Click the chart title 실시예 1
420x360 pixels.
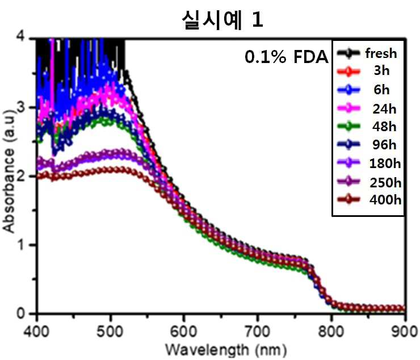[x=222, y=20]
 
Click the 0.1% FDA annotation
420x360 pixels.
[x=287, y=57]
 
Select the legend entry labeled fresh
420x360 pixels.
[x=381, y=53]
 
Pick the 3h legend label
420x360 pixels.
[x=382, y=70]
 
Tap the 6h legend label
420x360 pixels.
[x=382, y=89]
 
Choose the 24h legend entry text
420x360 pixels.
[x=384, y=109]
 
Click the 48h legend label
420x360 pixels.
[x=384, y=126]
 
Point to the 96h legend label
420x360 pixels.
[x=384, y=145]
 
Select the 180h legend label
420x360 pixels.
[x=385, y=163]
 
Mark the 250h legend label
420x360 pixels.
[x=385, y=183]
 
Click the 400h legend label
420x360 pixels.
[x=385, y=200]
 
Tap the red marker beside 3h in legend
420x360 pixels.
[x=348, y=72]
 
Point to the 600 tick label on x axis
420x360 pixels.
[x=184, y=331]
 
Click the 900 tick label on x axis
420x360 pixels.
[x=405, y=331]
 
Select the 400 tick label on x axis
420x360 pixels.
[x=36, y=331]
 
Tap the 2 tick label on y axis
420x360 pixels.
[x=21, y=177]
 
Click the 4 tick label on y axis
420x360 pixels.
[x=21, y=37]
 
